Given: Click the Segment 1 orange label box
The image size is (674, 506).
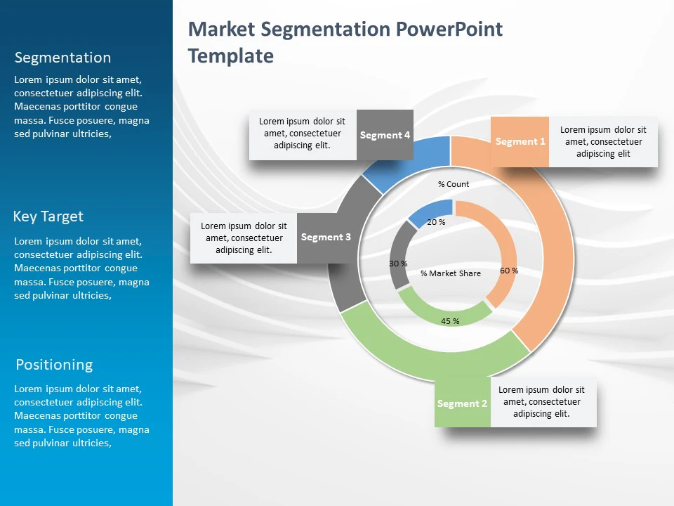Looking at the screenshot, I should (x=520, y=141).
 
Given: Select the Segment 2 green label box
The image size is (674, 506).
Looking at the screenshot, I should (x=462, y=403).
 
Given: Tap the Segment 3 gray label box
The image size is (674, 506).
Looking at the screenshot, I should (x=326, y=237).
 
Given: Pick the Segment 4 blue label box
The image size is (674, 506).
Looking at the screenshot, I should (x=385, y=135).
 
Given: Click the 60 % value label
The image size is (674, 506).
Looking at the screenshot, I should (x=509, y=271).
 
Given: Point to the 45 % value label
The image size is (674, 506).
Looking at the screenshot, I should (x=450, y=321).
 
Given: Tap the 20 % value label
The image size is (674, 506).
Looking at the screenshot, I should (x=436, y=222).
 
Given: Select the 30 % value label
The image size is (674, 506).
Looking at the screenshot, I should (x=398, y=264).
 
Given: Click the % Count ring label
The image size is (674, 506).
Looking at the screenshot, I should (x=454, y=184).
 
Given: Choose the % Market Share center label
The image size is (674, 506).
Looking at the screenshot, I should (x=451, y=273).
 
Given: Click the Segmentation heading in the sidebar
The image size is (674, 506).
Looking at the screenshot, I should (x=62, y=58).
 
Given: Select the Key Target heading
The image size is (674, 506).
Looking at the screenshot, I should (x=48, y=216).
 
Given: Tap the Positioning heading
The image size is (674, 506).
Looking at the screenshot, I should (x=54, y=365).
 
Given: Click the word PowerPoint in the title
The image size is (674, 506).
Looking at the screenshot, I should (x=449, y=30).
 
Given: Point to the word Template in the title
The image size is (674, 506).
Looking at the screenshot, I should (x=231, y=56).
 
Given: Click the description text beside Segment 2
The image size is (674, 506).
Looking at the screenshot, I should (x=541, y=402).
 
